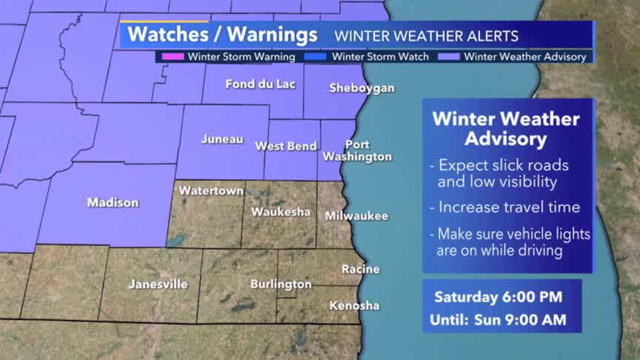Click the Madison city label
coord(113,202)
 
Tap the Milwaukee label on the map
coord(356,216)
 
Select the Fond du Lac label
coord(260,84)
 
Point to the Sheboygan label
coord(361,88)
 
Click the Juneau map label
coord(222,139)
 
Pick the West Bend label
coord(287,146)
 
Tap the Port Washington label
coord(357,150)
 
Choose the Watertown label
coord(211,190)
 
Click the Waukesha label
coord(281,212)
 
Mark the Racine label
coord(361,269)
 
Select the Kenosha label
coord(354,305)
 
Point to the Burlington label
coord(281,284)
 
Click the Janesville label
coord(159,284)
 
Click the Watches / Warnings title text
coord(222,35)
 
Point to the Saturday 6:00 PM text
coord(498,297)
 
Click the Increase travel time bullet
coord(508,207)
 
